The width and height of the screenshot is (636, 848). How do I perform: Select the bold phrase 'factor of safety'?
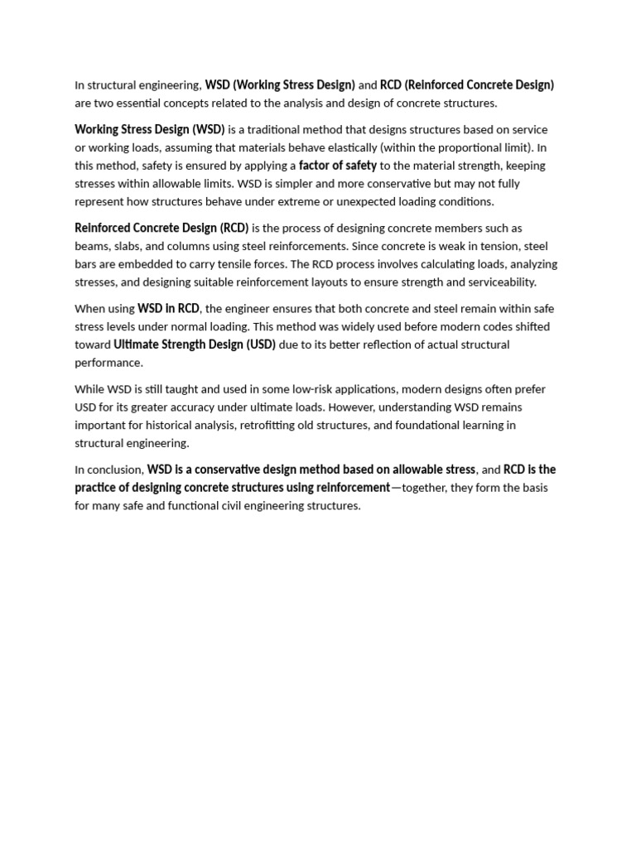click(338, 166)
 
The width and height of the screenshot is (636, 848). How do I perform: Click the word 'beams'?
click(91, 247)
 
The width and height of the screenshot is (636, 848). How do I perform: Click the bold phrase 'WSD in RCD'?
click(168, 309)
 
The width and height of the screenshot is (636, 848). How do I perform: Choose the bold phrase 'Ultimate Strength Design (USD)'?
click(195, 344)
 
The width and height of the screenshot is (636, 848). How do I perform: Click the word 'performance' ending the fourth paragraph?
click(108, 363)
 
